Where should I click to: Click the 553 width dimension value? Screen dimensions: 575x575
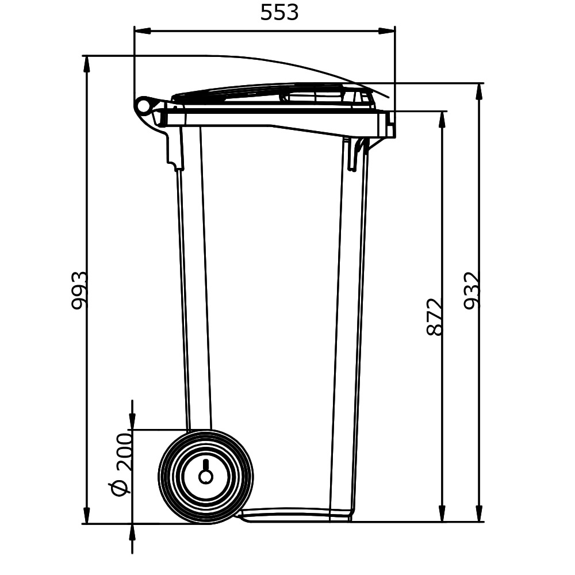(279, 13)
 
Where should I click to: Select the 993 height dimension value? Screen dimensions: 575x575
(79, 290)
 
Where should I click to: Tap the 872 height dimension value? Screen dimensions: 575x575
(435, 317)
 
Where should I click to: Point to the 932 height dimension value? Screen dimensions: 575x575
(471, 290)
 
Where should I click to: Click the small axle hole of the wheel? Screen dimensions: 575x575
(206, 476)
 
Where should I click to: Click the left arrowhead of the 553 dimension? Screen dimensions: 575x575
(143, 31)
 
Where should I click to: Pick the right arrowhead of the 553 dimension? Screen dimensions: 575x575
(387, 31)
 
